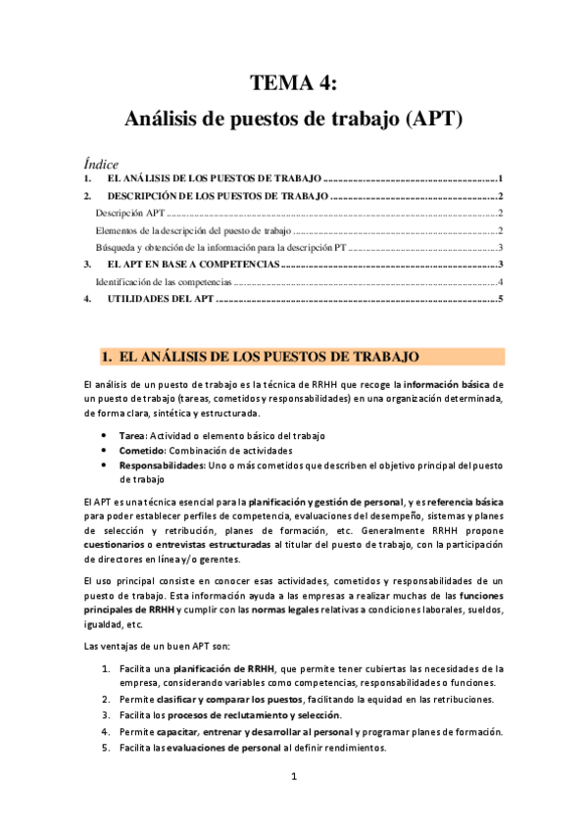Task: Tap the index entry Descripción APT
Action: (130, 213)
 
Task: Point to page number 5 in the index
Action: (500, 299)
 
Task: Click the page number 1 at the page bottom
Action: (294, 777)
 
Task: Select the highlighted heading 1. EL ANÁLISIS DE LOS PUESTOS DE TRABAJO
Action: (262, 356)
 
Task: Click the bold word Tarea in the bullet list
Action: (131, 434)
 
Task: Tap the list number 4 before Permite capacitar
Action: (107, 732)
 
